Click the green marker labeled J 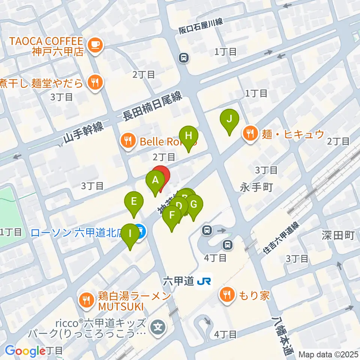[x=230, y=120]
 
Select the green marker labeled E [x=134, y=202]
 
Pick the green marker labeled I [x=130, y=234]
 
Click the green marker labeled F [x=172, y=216]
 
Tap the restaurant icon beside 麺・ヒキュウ [x=249, y=133]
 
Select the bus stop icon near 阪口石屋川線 [x=184, y=58]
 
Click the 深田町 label [x=338, y=235]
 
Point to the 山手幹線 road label [x=83, y=133]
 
